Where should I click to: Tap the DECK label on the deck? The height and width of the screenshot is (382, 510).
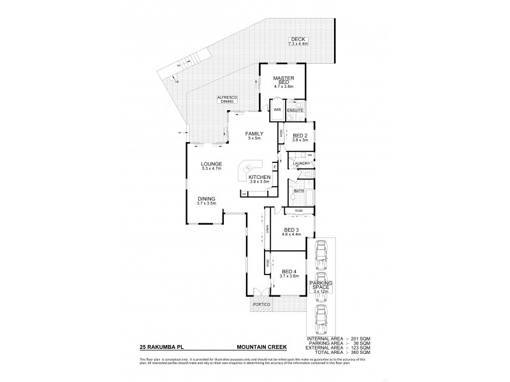[298, 39]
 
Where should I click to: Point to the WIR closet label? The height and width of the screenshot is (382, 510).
[277, 110]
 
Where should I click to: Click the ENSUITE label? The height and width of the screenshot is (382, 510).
[295, 110]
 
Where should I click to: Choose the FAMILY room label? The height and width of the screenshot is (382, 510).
[255, 133]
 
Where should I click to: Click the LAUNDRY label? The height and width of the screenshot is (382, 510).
[301, 164]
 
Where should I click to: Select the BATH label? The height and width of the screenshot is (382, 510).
[298, 190]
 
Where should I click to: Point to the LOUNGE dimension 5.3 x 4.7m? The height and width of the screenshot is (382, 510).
[211, 169]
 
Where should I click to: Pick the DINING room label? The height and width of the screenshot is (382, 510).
[206, 199]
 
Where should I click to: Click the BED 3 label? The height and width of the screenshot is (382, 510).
[291, 229]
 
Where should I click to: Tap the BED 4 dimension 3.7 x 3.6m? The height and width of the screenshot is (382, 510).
[289, 276]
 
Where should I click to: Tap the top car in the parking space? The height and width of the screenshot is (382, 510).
[321, 253]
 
